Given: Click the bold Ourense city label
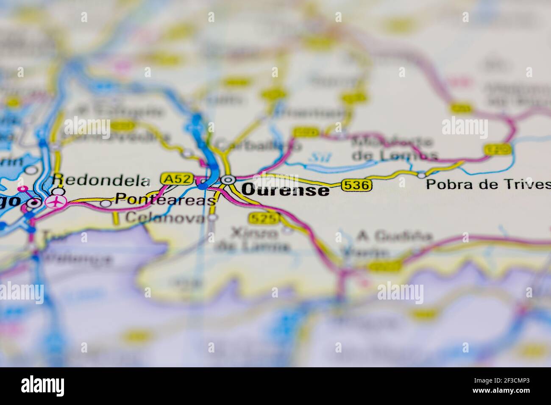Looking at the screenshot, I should click(x=285, y=190).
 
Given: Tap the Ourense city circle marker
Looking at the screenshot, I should click(x=228, y=180).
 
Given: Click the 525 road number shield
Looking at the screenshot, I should click(x=264, y=218).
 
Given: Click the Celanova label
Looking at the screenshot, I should click(x=165, y=218).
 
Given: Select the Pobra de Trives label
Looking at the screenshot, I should click(x=488, y=184).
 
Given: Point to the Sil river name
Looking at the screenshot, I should click(x=315, y=156).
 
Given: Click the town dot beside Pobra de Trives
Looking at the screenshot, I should click(x=421, y=175).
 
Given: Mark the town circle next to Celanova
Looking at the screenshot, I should click(x=214, y=218).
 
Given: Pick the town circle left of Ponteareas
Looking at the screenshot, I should click(x=106, y=203).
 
